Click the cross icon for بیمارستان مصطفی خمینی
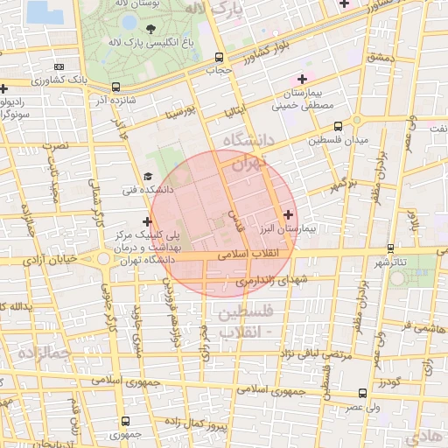pos(302,80)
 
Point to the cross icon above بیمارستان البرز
pos(288,213)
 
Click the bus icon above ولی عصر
pos(363,394)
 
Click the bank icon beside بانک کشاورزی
pos(59,66)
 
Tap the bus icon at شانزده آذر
pos(116,87)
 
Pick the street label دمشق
pos(382,58)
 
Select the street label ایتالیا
pos(239,110)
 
